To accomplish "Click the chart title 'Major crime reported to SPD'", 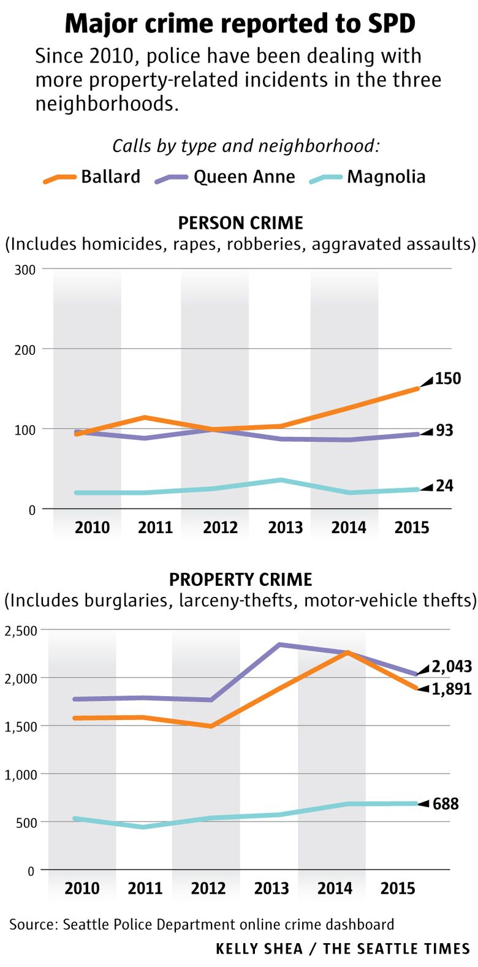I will [x=240, y=24].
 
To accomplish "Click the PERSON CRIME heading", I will [x=240, y=222].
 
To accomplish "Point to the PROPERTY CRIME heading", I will [x=240, y=579].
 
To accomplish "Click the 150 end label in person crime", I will [x=448, y=379].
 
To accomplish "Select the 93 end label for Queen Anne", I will [x=444, y=431].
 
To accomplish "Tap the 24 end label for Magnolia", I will [x=444, y=486].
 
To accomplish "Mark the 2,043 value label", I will [x=451, y=666].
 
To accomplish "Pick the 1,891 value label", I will [x=451, y=689].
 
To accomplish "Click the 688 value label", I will [x=446, y=803].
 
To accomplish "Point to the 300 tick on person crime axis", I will [x=26, y=270].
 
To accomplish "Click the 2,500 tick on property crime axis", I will [x=21, y=630].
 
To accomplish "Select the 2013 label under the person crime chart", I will [x=285, y=527].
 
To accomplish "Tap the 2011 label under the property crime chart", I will [x=145, y=888].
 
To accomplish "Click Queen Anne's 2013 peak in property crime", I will [x=279, y=645].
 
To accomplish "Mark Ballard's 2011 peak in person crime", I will [x=144, y=418].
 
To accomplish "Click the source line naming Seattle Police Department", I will [x=202, y=924].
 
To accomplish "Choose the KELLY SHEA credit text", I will [x=259, y=949].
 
